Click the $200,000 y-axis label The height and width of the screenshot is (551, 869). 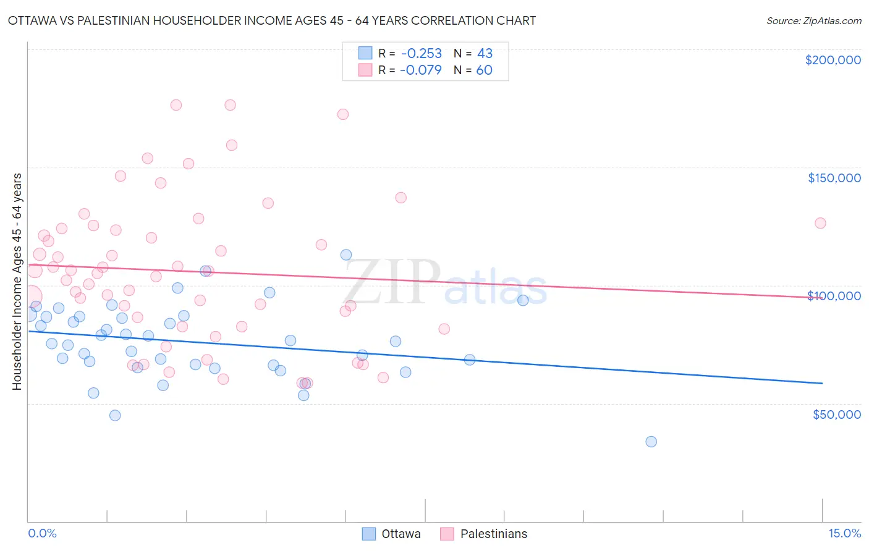coord(833,60)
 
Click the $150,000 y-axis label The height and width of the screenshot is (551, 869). coord(834,178)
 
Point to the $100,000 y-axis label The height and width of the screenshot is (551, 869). coord(834,296)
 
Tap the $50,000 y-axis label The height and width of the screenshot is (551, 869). coord(836,414)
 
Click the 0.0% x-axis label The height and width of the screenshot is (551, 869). coord(42,534)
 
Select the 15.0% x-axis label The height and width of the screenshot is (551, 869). coord(844,534)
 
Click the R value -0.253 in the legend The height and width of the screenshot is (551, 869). coord(421,53)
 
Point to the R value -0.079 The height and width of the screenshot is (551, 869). coord(421,70)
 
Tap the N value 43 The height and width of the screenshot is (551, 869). coord(485,53)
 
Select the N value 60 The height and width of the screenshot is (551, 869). coord(484,70)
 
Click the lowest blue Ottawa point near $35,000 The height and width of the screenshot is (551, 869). coord(651,442)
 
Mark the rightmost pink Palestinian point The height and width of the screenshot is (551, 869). coord(820,223)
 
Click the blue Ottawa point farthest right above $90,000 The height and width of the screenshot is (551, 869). coord(523,300)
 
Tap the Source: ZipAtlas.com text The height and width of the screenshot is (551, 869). coord(813,21)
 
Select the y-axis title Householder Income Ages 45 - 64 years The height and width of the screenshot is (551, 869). coord(17,282)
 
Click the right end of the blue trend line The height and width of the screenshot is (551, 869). coord(822,384)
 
